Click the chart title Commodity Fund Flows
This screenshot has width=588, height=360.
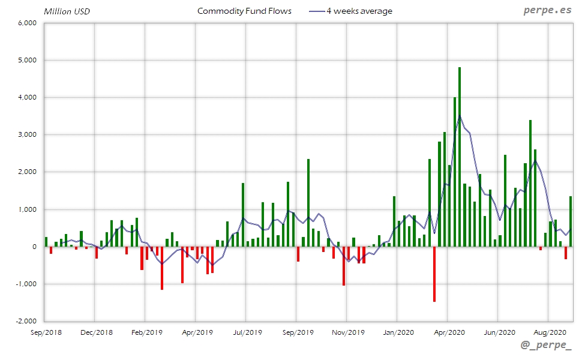pyautogui.click(x=244, y=11)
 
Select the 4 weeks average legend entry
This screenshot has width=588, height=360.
pyautogui.click(x=352, y=11)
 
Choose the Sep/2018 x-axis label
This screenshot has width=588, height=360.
pyautogui.click(x=46, y=332)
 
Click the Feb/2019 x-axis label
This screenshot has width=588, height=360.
pyautogui.click(x=146, y=332)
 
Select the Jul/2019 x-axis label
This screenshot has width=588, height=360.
pyautogui.click(x=247, y=332)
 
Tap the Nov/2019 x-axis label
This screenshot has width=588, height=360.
pyautogui.click(x=348, y=332)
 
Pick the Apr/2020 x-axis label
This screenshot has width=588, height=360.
pyautogui.click(x=449, y=332)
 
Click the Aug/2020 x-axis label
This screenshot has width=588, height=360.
pyautogui.click(x=550, y=332)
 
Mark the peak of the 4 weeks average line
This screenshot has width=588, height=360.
pyautogui.click(x=460, y=116)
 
